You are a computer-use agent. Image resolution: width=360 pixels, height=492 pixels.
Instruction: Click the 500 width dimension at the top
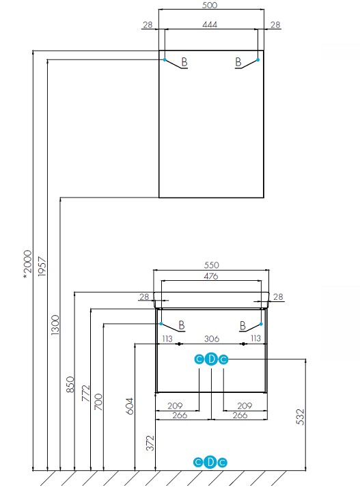click(x=210, y=5)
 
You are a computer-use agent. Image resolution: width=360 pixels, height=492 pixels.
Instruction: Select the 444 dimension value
click(x=210, y=25)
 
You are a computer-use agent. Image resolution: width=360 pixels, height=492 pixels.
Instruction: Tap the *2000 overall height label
click(x=27, y=264)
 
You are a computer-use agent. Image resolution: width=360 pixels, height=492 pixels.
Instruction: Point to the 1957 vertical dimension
click(x=42, y=266)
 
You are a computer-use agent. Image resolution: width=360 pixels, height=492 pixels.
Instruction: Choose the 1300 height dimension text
click(x=55, y=325)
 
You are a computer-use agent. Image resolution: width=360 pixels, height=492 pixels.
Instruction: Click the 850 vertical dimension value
click(x=70, y=384)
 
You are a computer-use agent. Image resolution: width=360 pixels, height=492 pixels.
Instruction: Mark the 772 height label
click(x=85, y=394)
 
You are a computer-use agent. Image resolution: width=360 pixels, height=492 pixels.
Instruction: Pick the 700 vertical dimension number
click(x=98, y=402)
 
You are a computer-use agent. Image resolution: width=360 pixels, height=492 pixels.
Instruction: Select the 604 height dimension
click(x=130, y=406)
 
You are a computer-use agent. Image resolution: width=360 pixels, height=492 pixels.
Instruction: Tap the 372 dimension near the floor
click(x=150, y=443)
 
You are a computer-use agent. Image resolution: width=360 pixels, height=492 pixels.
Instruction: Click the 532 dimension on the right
click(x=300, y=417)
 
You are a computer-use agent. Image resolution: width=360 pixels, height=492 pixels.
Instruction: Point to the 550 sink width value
click(x=211, y=265)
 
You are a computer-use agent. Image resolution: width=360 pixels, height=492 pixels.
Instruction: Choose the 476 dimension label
click(x=211, y=277)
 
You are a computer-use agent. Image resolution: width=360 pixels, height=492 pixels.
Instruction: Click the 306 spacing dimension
click(x=212, y=339)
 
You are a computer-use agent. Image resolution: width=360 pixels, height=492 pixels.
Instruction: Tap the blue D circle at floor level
click(x=210, y=462)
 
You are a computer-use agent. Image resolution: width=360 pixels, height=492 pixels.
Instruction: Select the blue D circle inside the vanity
click(x=211, y=359)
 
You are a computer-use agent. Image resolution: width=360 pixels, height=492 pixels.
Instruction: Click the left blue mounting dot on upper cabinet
click(x=165, y=59)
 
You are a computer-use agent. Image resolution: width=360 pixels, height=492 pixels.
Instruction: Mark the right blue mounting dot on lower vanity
click(x=261, y=324)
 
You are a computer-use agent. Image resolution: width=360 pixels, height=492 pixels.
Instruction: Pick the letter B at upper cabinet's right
click(x=238, y=62)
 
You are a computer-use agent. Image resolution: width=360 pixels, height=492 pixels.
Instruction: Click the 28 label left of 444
click(x=148, y=25)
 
